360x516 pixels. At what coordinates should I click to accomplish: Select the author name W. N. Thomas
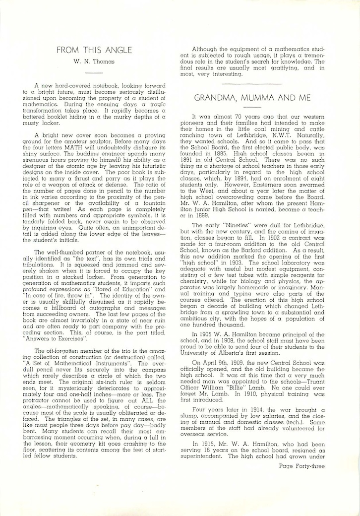pyautogui.click(x=94, y=62)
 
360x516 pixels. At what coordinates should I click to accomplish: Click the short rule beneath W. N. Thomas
pyautogui.click(x=94, y=72)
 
